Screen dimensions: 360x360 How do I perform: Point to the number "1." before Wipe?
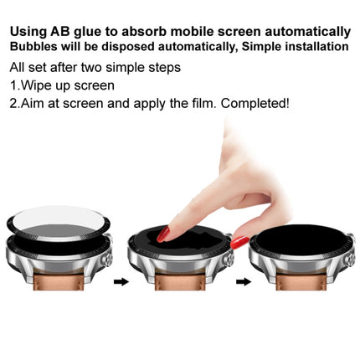(14, 85)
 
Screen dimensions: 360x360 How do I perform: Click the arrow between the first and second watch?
(121, 282)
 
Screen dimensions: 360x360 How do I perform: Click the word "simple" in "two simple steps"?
(122, 67)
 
